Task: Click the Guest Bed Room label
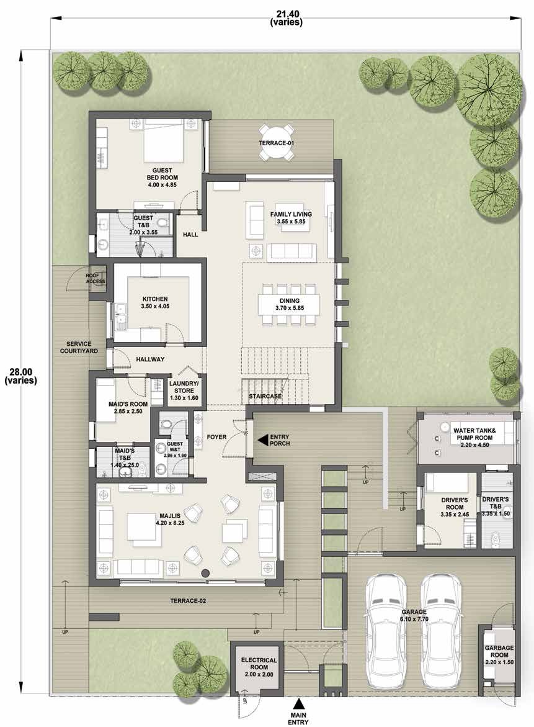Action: click(162, 178)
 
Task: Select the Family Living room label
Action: click(291, 218)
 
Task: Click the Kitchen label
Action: click(155, 303)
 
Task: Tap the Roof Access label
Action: click(96, 279)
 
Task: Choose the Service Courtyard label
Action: click(79, 347)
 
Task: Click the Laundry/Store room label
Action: click(184, 391)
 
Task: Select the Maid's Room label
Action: click(128, 407)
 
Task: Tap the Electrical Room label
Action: click(259, 667)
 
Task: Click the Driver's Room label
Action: click(455, 507)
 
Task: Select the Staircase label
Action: click(265, 397)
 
